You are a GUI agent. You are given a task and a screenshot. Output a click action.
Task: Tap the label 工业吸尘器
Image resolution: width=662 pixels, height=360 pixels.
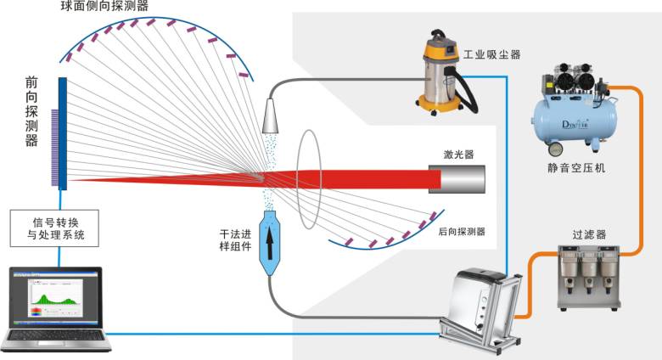tap(492, 55)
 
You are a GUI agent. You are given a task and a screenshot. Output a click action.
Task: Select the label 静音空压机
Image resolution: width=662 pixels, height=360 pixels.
tap(576, 167)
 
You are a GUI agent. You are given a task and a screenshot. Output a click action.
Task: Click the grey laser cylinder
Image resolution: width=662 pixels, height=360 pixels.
tap(457, 179)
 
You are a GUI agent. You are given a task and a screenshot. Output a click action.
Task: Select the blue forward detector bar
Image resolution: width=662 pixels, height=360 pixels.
tap(63, 132)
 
